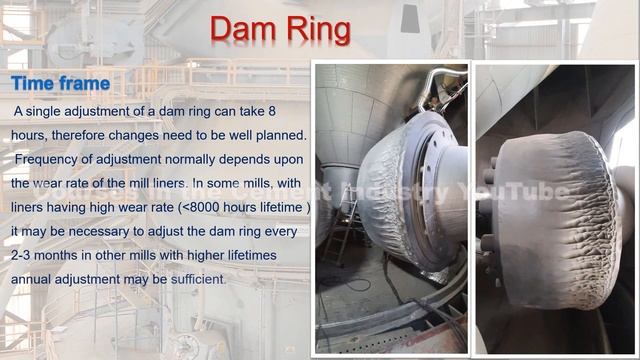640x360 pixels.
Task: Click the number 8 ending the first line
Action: [272, 110]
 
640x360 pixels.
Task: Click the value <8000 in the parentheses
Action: [201, 207]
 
